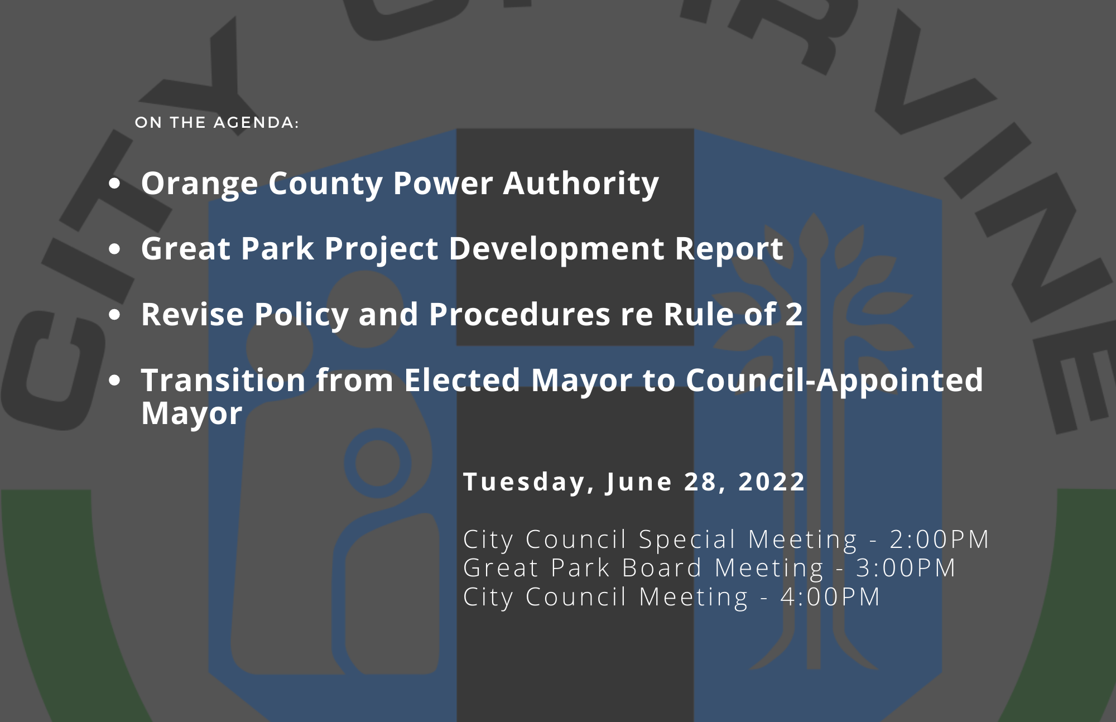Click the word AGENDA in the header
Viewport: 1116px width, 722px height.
[x=256, y=123]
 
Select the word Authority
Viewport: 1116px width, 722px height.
[x=581, y=184]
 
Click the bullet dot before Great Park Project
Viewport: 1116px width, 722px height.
[x=115, y=249]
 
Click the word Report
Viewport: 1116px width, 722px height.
[x=729, y=250]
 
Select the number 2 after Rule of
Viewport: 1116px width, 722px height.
[x=794, y=314]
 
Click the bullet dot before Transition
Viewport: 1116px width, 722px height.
[x=115, y=381]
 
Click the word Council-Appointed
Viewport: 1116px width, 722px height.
[x=834, y=381]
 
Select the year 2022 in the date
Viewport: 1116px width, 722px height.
[x=771, y=482]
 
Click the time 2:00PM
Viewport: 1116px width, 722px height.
[x=940, y=540]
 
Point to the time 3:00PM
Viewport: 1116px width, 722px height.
[x=906, y=568]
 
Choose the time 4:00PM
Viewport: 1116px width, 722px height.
[x=830, y=597]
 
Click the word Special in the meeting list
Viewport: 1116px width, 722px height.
[x=687, y=540]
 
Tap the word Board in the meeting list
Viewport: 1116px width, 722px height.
[x=662, y=568]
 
